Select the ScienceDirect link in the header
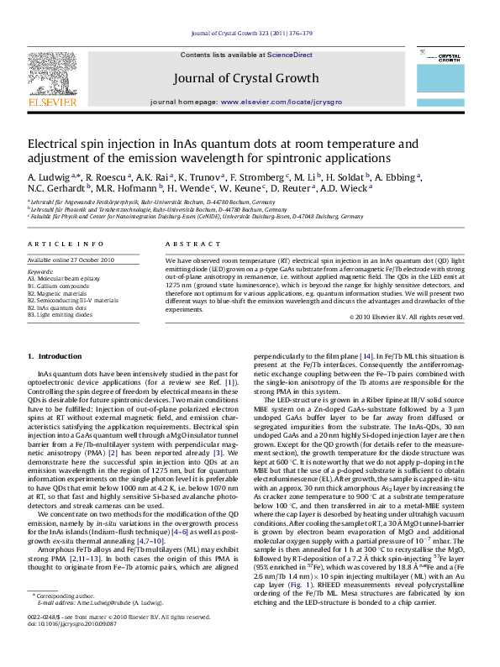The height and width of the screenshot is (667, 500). (290, 55)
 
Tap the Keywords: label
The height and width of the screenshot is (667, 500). (40, 272)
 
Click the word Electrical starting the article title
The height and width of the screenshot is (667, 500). (54, 144)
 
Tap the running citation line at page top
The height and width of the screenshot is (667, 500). (251, 33)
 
